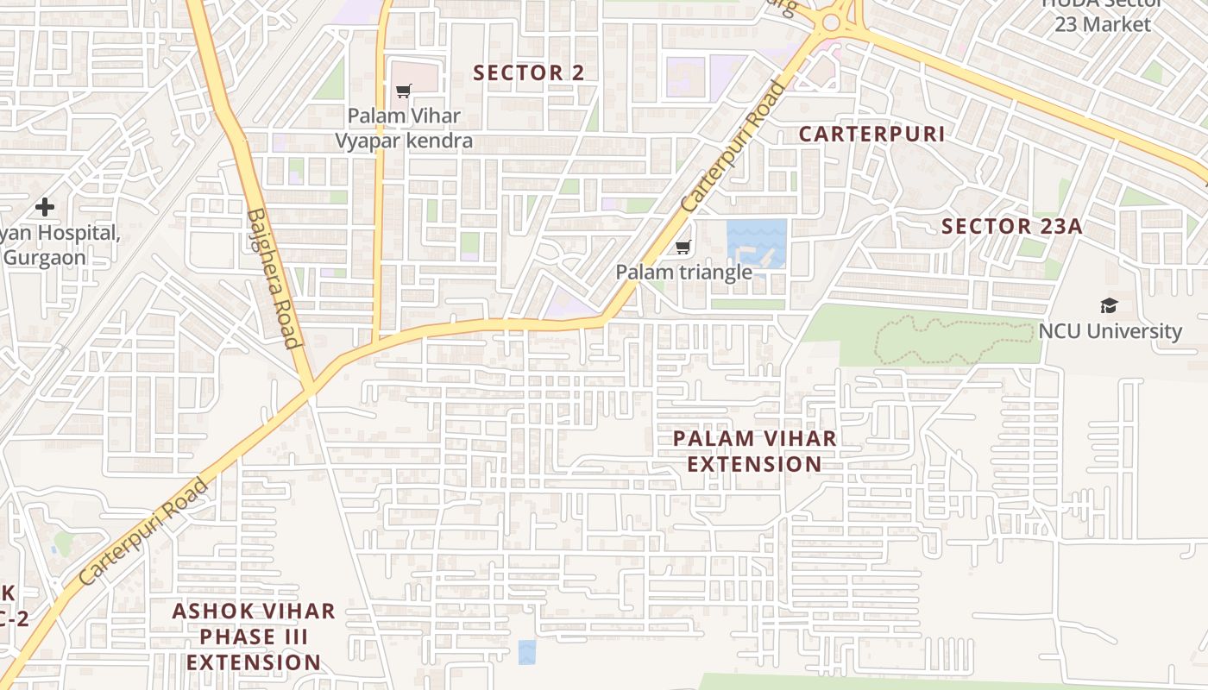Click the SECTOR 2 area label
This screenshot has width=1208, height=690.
[x=529, y=73]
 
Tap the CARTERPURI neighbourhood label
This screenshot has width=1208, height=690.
[x=871, y=134]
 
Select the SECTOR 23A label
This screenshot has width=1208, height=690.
[x=1011, y=227]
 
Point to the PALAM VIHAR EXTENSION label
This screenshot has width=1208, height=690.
[x=755, y=451]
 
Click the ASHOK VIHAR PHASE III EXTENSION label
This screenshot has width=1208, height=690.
[x=254, y=637]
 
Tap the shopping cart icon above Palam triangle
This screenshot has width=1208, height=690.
[x=683, y=248]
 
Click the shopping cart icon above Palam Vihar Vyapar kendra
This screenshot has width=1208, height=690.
[x=403, y=91]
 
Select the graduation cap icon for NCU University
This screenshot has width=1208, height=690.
[x=1109, y=306]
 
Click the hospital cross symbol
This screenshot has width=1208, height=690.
[x=45, y=207]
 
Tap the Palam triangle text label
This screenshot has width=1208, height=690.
[x=683, y=273]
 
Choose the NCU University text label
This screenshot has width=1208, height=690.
[x=1110, y=331]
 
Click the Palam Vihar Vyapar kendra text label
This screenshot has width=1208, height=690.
[x=404, y=128]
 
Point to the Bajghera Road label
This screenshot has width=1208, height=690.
[x=274, y=278]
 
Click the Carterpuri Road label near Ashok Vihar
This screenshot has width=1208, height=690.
[x=143, y=531]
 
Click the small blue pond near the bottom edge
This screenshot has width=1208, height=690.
[x=527, y=652]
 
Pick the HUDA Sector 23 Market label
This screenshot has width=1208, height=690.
[x=1102, y=17]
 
